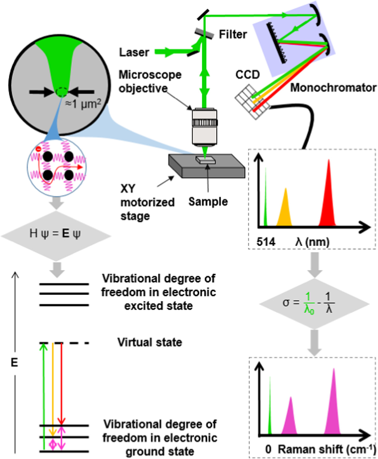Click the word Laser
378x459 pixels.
coord(134,52)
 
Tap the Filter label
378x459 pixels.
coord(233,34)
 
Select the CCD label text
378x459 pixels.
coord(248,75)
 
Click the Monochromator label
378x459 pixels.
coord(333,88)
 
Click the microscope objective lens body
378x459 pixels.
coord(205,127)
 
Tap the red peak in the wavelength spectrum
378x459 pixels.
coord(328,203)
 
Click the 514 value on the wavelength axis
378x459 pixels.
coord(266,242)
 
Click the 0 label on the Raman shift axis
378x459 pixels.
coord(268,449)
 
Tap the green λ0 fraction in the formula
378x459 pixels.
coord(309,303)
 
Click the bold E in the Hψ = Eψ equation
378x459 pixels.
coord(66,233)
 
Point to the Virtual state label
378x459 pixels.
coord(150,342)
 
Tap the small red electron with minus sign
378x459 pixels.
coord(38,149)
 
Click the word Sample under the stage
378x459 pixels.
coord(208,202)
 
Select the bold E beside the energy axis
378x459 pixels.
coord(14,363)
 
